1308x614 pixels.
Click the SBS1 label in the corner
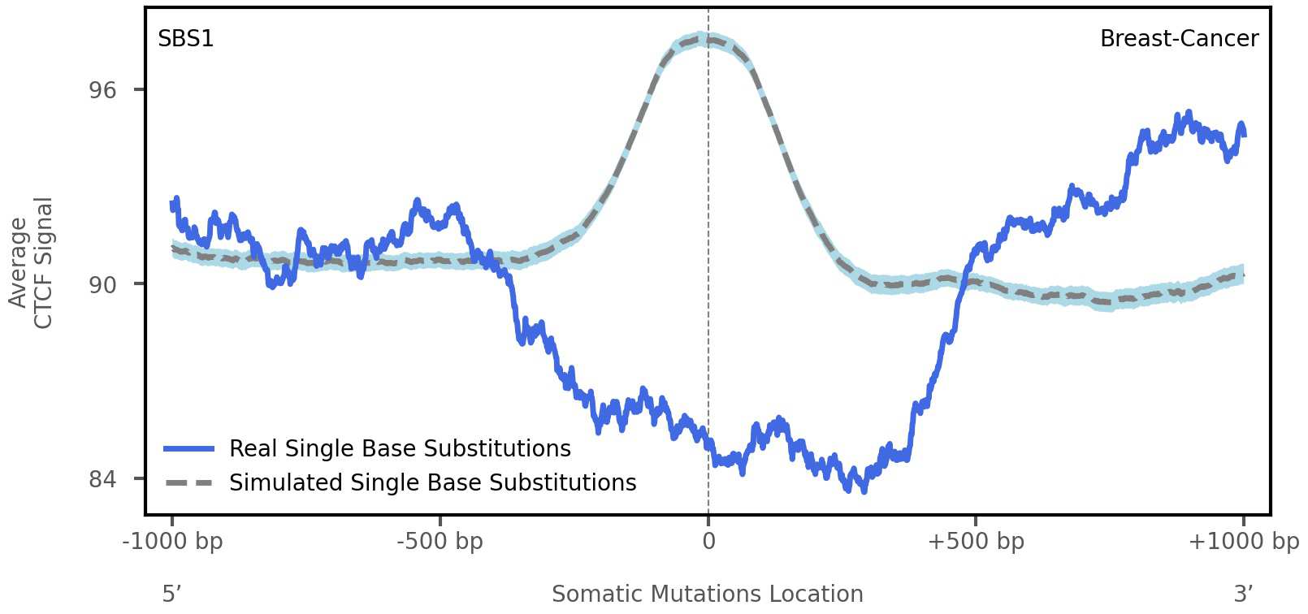coord(186,39)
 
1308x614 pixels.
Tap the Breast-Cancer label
coord(1178,39)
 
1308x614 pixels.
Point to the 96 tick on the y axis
coord(103,90)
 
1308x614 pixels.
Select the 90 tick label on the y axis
coord(103,284)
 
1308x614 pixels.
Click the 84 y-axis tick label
coord(103,479)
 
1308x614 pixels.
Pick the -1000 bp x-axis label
coord(172,542)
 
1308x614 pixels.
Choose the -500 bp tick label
coord(440,542)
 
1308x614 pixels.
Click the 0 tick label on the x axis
coord(708,542)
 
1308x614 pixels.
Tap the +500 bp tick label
coord(975,542)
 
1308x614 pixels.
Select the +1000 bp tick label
coord(1243,542)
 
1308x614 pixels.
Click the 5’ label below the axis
coord(171,594)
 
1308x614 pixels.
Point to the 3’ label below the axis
coord(1243,594)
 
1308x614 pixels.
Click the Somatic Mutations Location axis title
coord(707,594)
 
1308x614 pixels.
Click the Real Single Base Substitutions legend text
coord(400,448)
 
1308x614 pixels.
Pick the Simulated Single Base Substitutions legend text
coord(432,482)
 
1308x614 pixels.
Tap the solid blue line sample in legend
coord(188,448)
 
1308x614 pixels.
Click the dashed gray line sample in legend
coord(188,482)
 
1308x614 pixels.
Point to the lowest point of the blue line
coord(864,490)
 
